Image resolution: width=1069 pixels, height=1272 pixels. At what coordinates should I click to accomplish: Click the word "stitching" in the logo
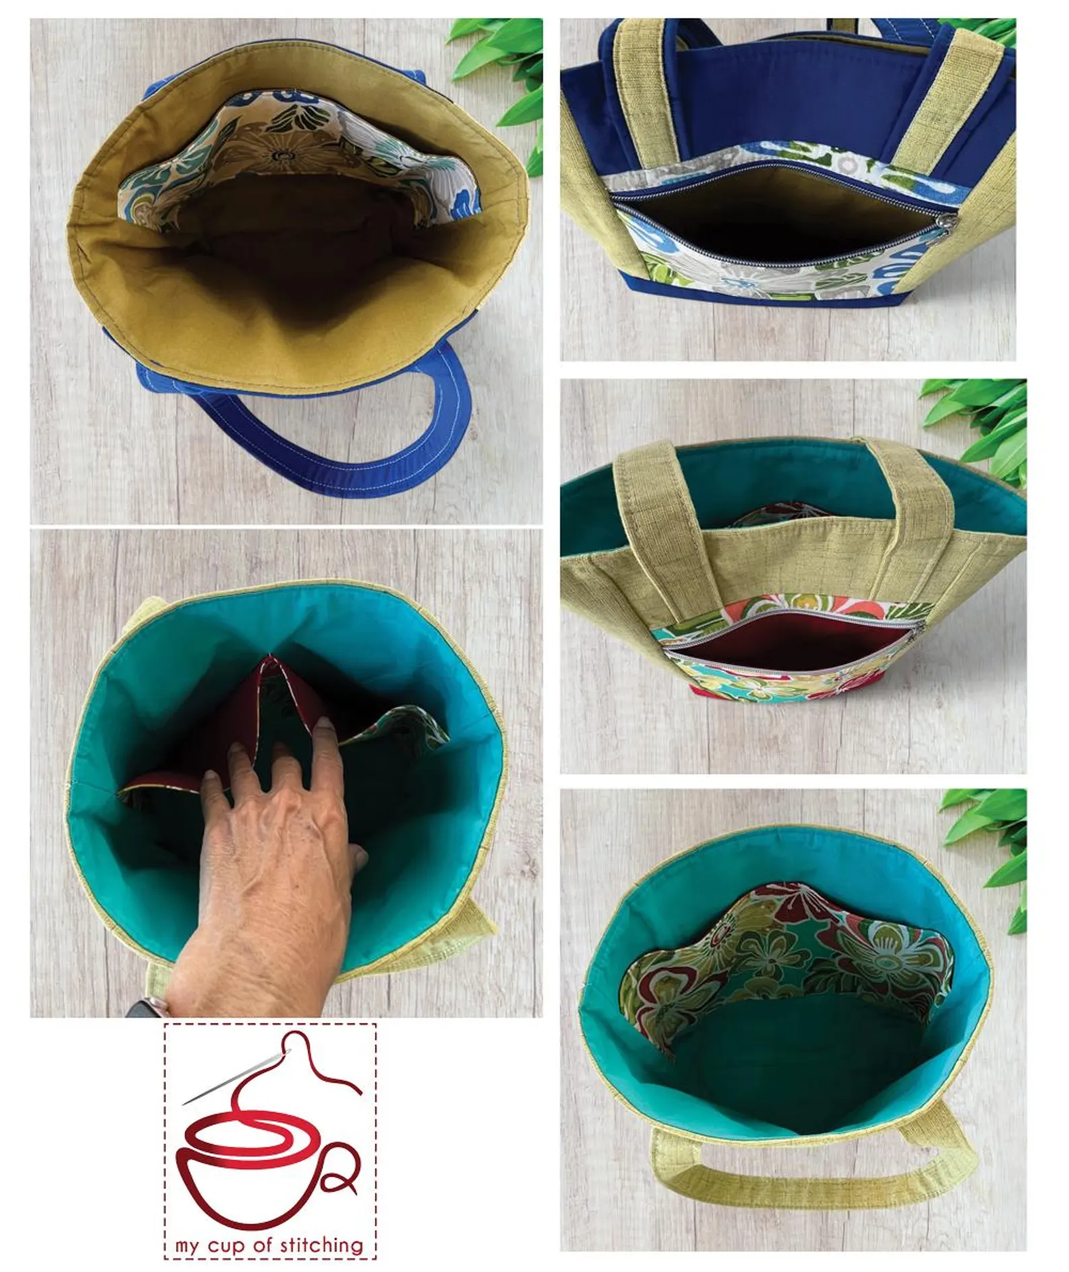321,1245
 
